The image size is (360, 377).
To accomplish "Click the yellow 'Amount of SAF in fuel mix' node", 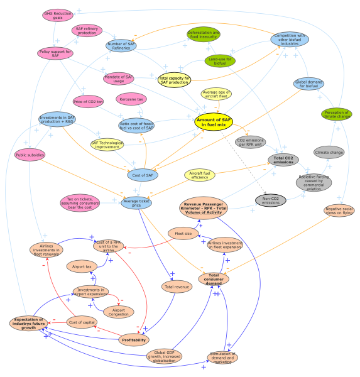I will (214, 122).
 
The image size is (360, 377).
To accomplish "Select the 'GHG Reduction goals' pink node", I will (58, 15).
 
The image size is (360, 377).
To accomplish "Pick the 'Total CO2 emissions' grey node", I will (283, 160).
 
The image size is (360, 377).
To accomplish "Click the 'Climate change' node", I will (329, 152).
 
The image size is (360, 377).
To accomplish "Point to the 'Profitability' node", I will (134, 340).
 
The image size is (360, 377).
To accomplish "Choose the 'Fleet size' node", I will (183, 234).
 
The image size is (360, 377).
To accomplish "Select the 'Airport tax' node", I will (82, 266).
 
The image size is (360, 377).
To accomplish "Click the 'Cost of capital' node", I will (82, 322).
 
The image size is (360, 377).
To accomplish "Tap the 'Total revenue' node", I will (177, 287).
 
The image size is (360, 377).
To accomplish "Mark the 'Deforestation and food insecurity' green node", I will (204, 35).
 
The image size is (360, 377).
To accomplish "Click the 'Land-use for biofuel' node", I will (220, 61).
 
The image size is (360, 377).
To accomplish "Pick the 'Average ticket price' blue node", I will (136, 202).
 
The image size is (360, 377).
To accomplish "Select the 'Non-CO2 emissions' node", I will (270, 200).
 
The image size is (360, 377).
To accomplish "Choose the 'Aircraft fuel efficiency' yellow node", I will (200, 175).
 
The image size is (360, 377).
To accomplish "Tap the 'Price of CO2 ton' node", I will (88, 101).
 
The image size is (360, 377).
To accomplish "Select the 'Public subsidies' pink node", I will (30, 155).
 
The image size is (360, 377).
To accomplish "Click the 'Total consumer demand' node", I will (214, 278).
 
